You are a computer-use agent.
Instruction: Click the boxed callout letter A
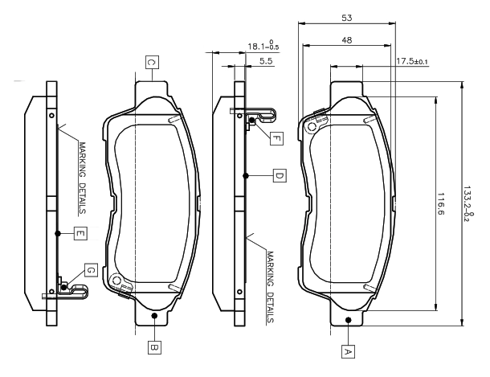click(x=348, y=352)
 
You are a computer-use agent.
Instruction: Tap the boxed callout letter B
click(x=154, y=346)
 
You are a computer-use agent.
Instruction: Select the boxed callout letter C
click(x=152, y=62)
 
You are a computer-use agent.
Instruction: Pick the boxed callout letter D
click(x=280, y=176)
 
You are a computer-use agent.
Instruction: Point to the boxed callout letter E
click(x=80, y=233)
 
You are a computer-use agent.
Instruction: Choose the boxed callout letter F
click(x=276, y=138)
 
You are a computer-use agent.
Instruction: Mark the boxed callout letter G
click(x=91, y=270)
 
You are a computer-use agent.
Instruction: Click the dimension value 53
click(x=346, y=18)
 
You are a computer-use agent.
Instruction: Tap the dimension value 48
click(x=347, y=40)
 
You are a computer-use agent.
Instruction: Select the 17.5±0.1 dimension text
click(x=412, y=61)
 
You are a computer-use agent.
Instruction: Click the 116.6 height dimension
click(x=441, y=204)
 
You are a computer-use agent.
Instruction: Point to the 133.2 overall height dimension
click(x=468, y=204)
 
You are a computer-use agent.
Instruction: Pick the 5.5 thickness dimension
click(x=266, y=61)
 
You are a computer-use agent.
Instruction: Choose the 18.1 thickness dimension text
click(x=263, y=46)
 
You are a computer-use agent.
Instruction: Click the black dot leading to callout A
click(x=349, y=320)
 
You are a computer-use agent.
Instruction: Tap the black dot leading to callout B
click(x=154, y=315)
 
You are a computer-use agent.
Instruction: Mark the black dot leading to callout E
click(x=58, y=233)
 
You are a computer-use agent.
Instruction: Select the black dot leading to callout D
click(x=246, y=176)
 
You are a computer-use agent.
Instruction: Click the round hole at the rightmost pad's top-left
click(x=312, y=127)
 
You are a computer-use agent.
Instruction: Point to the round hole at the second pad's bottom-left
click(x=116, y=280)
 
